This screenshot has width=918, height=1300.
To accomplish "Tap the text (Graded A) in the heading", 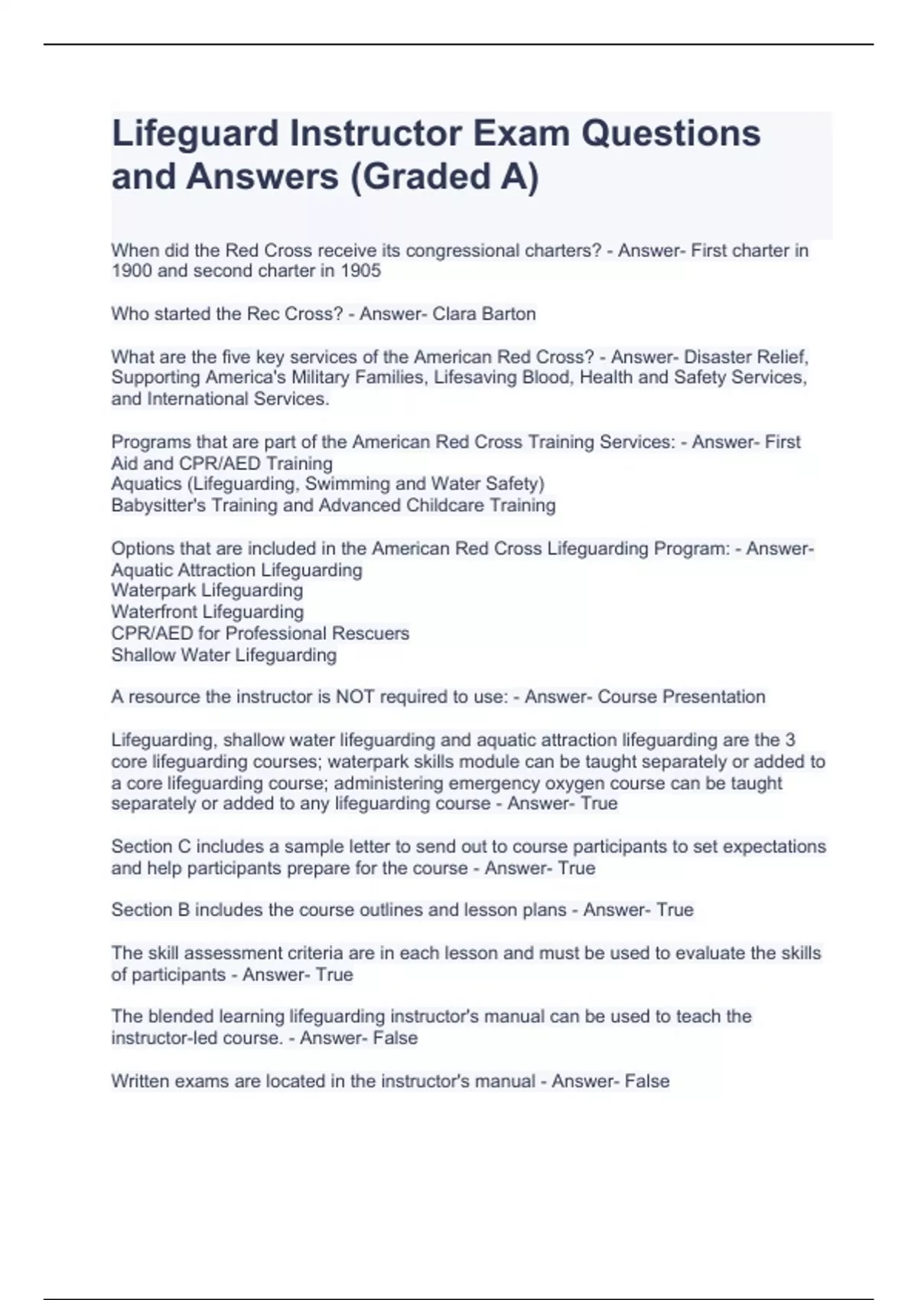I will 444,177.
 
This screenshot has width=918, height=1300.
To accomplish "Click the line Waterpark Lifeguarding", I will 207,590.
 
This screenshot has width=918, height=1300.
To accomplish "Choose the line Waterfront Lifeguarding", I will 207,612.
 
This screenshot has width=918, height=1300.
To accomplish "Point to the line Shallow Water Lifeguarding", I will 224,655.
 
